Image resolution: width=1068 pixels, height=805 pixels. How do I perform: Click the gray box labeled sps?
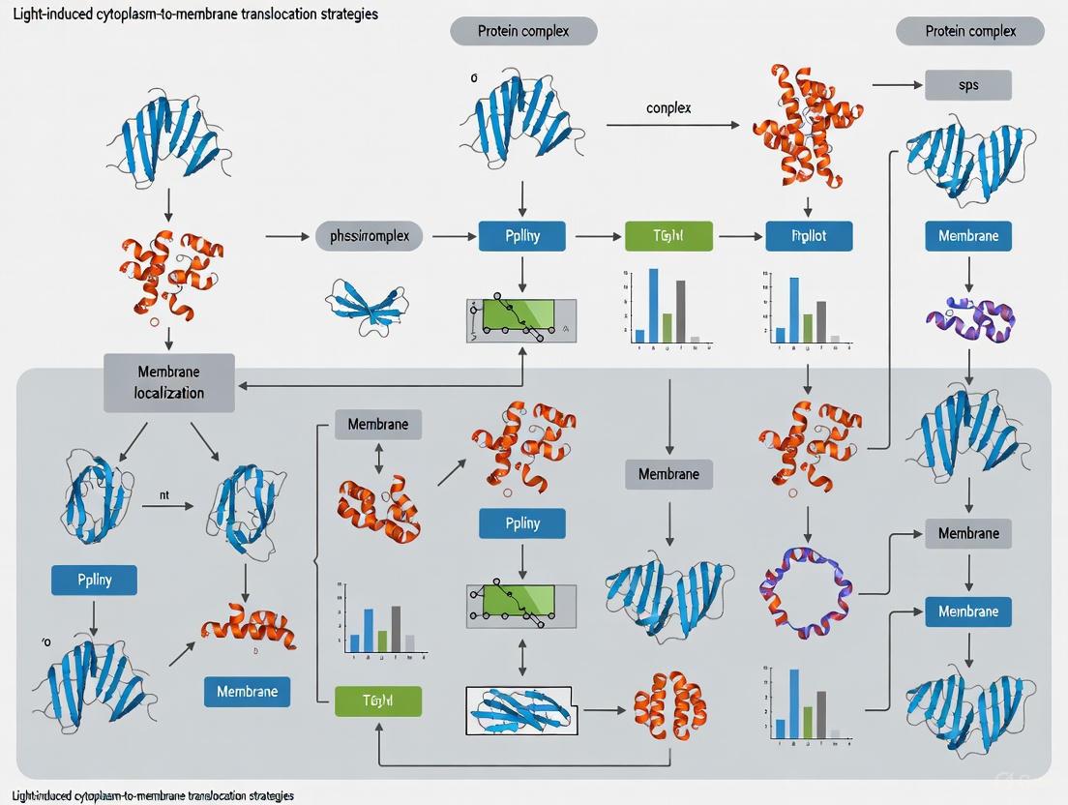click(968, 85)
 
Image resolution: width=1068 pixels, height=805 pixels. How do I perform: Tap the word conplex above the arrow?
click(668, 107)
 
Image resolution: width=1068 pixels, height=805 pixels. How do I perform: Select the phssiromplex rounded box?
click(370, 235)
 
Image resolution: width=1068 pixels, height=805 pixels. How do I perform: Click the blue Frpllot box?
click(809, 235)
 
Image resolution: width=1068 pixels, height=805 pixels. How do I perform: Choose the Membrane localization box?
click(169, 382)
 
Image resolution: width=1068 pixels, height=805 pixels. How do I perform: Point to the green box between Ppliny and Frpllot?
click(668, 235)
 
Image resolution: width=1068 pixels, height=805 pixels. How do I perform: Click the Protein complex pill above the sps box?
click(970, 31)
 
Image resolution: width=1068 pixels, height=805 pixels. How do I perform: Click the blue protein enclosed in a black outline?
click(520, 711)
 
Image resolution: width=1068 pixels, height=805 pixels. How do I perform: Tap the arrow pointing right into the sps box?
click(897, 85)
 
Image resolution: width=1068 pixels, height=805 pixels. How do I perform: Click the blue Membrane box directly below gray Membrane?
click(968, 611)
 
